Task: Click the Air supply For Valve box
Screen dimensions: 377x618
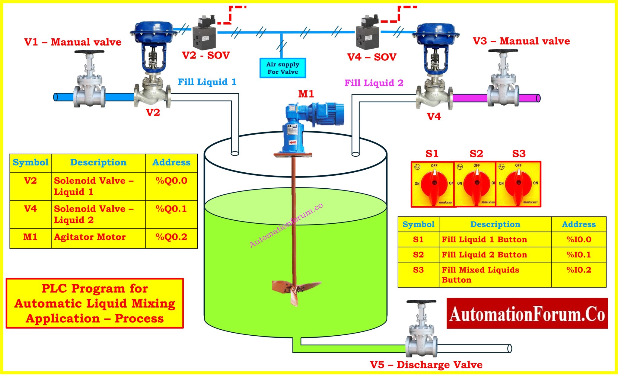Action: click(282, 68)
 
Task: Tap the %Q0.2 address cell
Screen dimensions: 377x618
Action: click(171, 237)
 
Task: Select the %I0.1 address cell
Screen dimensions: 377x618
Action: click(578, 255)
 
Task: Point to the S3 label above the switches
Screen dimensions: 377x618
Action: click(519, 154)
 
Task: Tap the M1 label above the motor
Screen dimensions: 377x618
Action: click(306, 94)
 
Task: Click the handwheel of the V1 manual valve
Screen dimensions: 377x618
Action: click(89, 52)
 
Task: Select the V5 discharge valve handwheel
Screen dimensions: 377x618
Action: click(421, 302)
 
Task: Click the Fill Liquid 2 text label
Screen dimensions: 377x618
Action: click(374, 83)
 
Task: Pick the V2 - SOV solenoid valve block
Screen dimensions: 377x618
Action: click(204, 37)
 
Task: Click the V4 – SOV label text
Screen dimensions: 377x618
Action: click(371, 57)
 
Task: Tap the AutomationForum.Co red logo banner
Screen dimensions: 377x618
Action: click(527, 313)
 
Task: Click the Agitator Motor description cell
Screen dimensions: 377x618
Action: click(90, 237)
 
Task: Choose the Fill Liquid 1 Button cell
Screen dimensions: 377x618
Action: click(484, 240)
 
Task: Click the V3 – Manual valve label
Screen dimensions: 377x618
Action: click(521, 41)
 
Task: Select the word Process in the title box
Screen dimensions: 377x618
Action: click(139, 318)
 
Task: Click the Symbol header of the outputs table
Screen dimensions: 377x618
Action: click(30, 163)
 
